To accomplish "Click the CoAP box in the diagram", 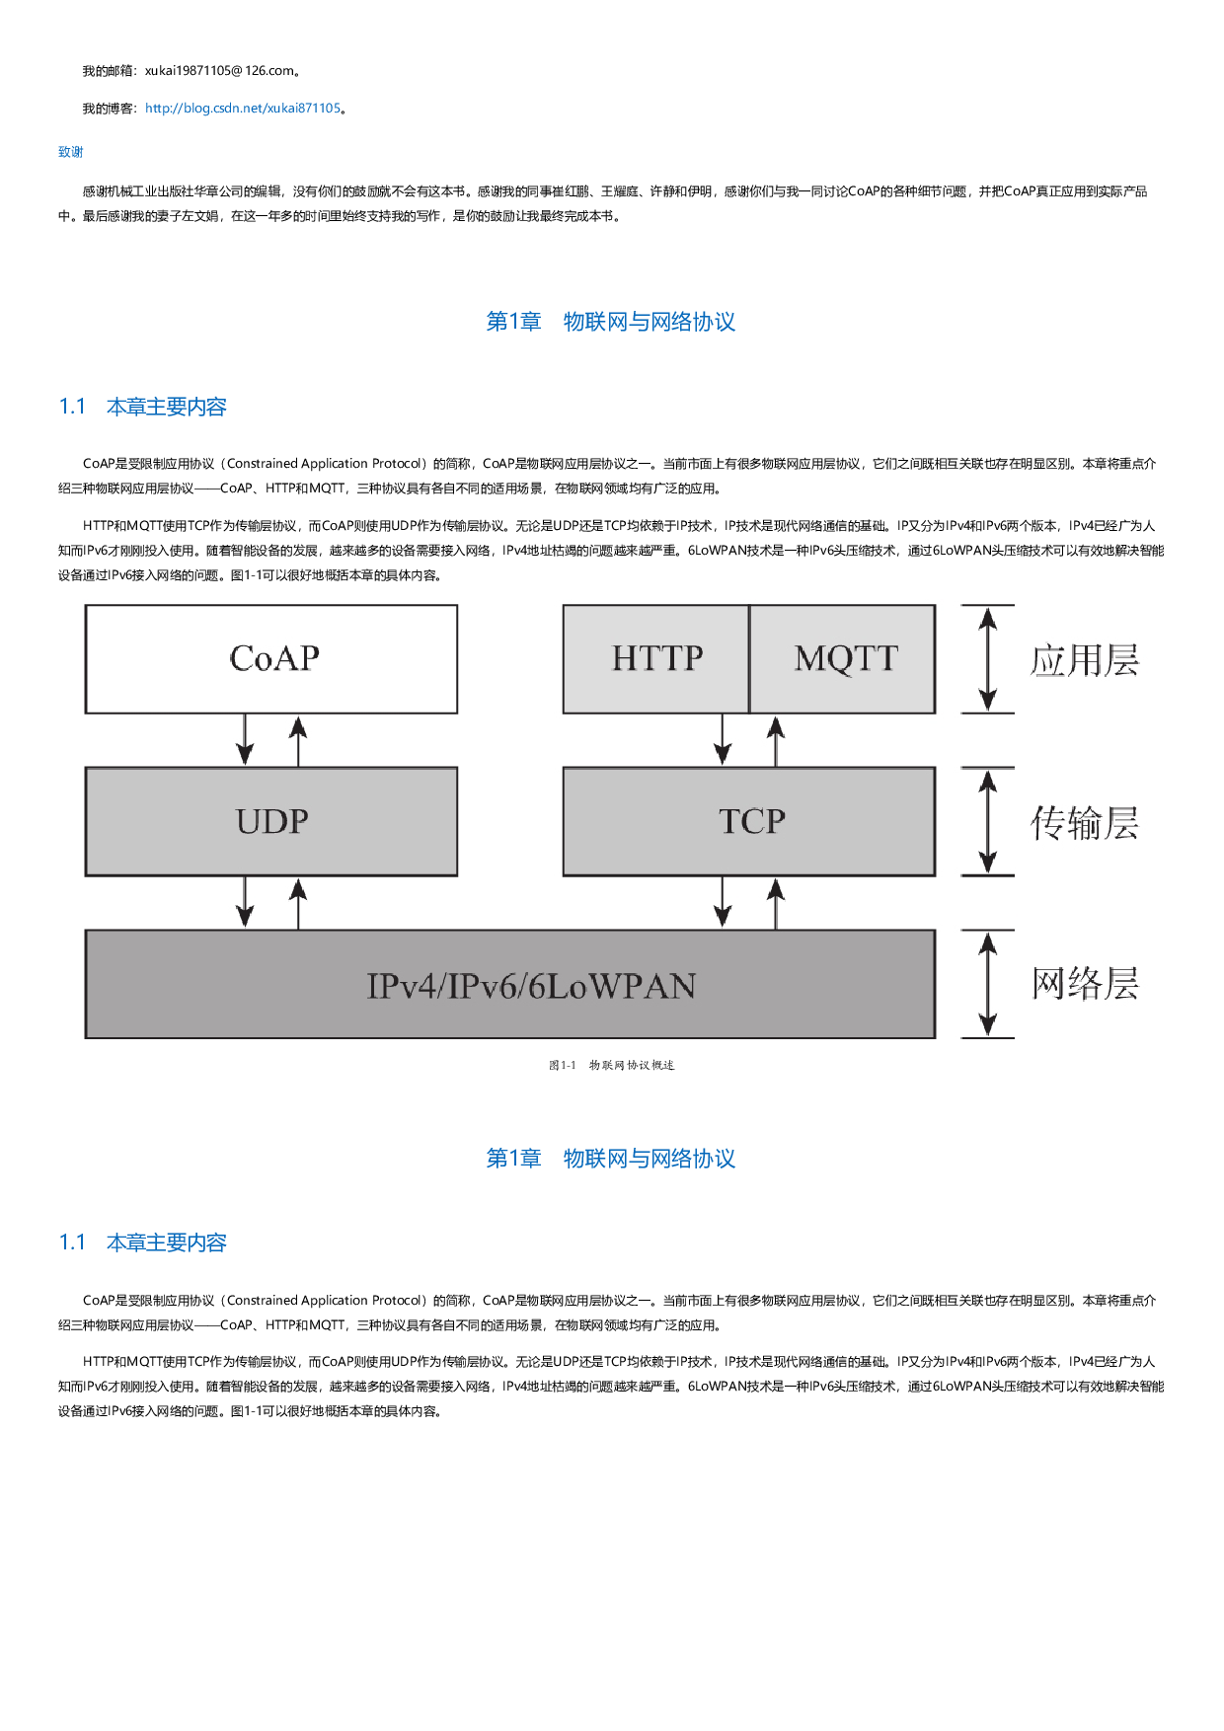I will pyautogui.click(x=271, y=658).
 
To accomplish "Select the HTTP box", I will pyautogui.click(x=655, y=658).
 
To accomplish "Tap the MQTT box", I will pyautogui.click(x=843, y=658).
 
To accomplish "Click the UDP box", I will pyautogui.click(x=271, y=821).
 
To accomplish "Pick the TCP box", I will pyautogui.click(x=749, y=821).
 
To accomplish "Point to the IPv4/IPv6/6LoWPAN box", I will pyautogui.click(x=510, y=984).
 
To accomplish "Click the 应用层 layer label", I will pyautogui.click(x=1084, y=660).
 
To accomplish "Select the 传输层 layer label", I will pyautogui.click(x=1084, y=822).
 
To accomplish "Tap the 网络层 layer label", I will pyautogui.click(x=1084, y=984).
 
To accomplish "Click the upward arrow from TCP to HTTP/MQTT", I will pyautogui.click(x=776, y=740).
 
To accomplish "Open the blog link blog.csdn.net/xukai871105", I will pyautogui.click(x=243, y=109).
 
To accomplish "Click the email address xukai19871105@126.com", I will pyautogui.click(x=219, y=71).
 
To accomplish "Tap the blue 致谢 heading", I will pyautogui.click(x=70, y=152).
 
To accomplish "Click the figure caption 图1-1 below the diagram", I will pyautogui.click(x=612, y=1065).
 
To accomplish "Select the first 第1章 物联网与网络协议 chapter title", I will pyautogui.click(x=611, y=322).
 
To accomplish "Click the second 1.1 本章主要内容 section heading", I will pyautogui.click(x=143, y=1242).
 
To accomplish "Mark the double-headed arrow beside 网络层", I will pyautogui.click(x=987, y=984).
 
